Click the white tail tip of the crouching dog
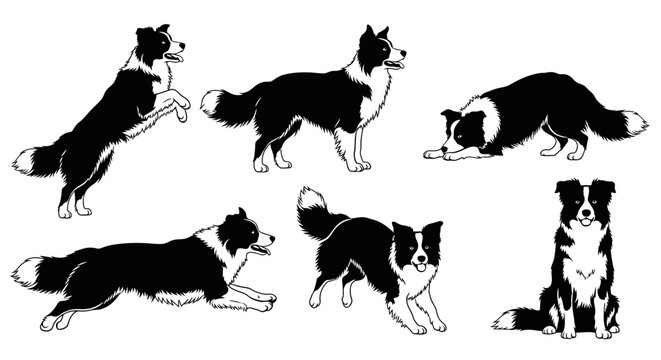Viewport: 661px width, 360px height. point(632,124)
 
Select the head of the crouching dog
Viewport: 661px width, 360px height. point(461,128)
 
